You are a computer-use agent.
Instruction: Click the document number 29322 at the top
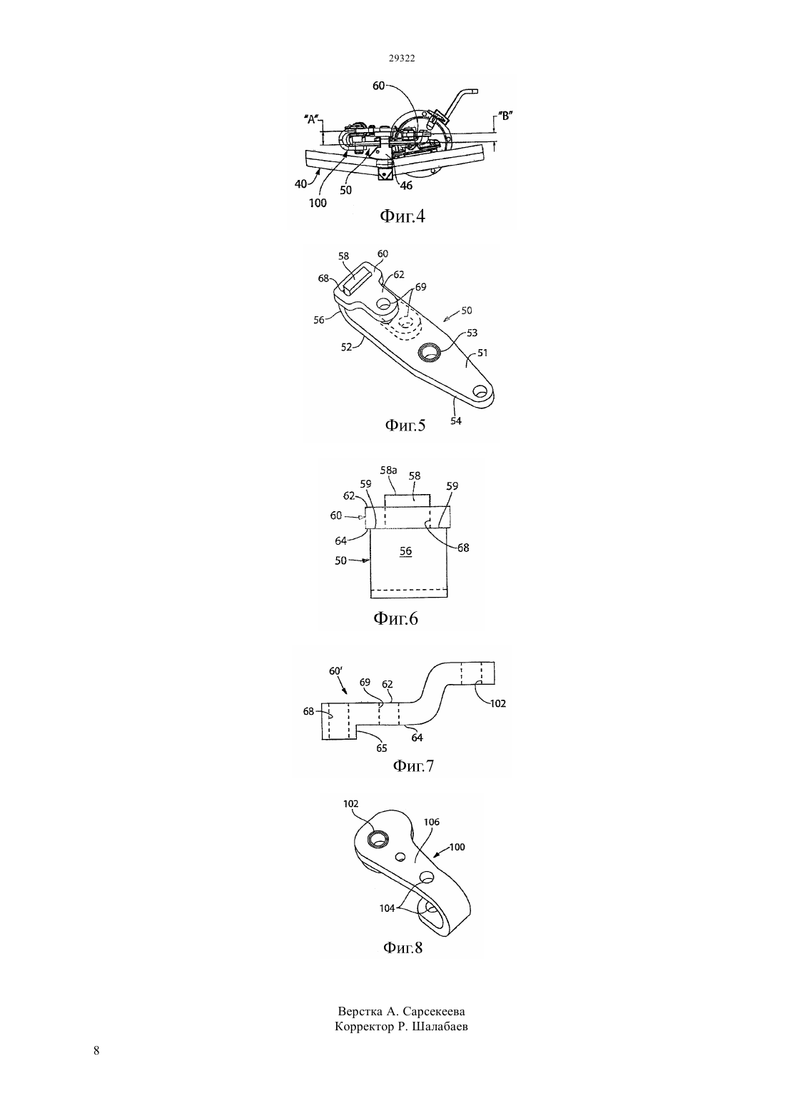pos(401,58)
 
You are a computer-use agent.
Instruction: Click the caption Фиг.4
pos(402,216)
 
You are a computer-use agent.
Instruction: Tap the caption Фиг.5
pos(405,425)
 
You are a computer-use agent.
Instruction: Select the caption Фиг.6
pos(395,618)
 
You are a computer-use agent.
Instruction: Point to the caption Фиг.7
pos(413,766)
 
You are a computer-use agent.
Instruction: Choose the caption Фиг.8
pos(403,947)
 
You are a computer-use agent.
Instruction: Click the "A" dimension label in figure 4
pos(311,119)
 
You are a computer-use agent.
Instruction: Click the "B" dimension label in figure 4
pos(505,116)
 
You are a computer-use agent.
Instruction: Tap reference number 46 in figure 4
pos(406,186)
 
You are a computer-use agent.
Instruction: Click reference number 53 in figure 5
pos(472,333)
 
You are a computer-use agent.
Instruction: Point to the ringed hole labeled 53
pos(430,352)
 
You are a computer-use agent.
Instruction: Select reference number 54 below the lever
pos(456,421)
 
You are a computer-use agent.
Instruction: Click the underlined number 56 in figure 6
pos(405,551)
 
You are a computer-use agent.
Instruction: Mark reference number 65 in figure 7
pos(381,748)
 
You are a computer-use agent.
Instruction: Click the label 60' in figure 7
pos(335,671)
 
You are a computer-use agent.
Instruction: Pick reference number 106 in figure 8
pos(432,822)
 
